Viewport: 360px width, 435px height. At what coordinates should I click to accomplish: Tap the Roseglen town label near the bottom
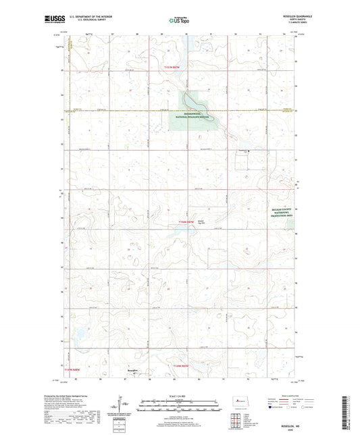pos(132,370)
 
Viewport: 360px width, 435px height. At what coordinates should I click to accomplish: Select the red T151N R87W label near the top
pos(174,68)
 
